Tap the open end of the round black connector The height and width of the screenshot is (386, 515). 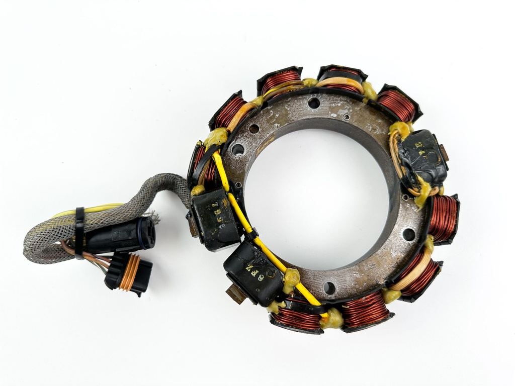point(148,232)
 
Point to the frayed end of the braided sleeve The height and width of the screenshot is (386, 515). point(156,218)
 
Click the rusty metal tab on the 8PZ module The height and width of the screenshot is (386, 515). point(236,295)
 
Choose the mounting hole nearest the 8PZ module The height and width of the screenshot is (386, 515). point(329,288)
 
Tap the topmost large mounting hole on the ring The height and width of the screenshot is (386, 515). point(313,103)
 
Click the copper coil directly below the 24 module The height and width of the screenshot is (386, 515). point(443,218)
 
